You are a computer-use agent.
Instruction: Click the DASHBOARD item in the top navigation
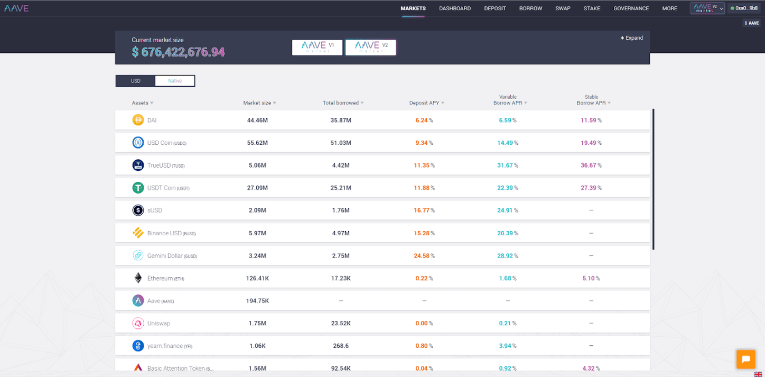(454, 8)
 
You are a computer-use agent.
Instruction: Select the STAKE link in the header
(592, 8)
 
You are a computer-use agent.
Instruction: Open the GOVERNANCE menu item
(631, 8)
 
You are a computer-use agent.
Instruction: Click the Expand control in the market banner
(632, 38)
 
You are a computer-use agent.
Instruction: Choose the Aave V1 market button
(317, 48)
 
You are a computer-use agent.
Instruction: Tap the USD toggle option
(136, 81)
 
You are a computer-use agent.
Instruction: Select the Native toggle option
(175, 81)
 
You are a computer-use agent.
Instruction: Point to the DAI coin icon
(138, 120)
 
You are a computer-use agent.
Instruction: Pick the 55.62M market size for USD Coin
(257, 143)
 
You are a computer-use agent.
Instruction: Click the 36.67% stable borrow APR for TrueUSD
(591, 165)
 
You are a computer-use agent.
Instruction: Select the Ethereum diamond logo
(138, 278)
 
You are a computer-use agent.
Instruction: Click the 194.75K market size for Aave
(257, 301)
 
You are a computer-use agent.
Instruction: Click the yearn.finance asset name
(165, 346)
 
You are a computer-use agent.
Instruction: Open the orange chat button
(745, 359)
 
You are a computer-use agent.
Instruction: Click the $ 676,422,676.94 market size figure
(178, 52)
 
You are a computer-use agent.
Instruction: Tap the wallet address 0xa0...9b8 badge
(745, 8)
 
